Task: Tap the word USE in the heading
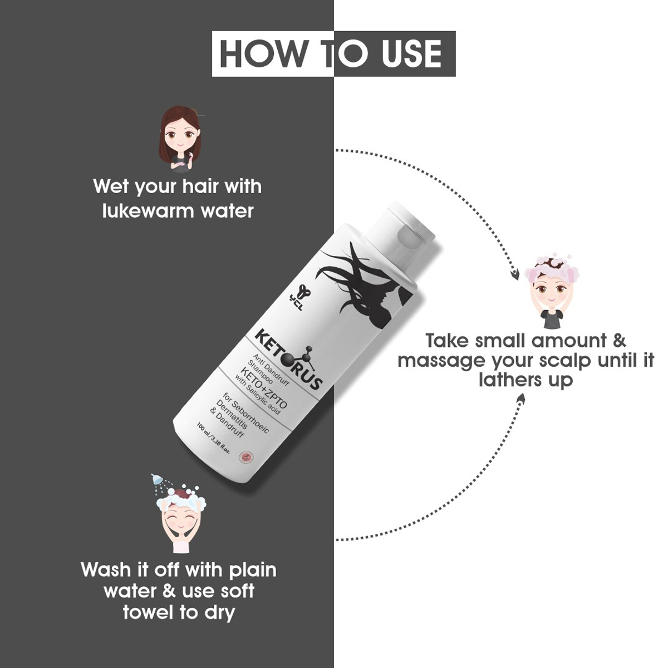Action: click(412, 54)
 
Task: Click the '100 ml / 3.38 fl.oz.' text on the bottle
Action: click(214, 440)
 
